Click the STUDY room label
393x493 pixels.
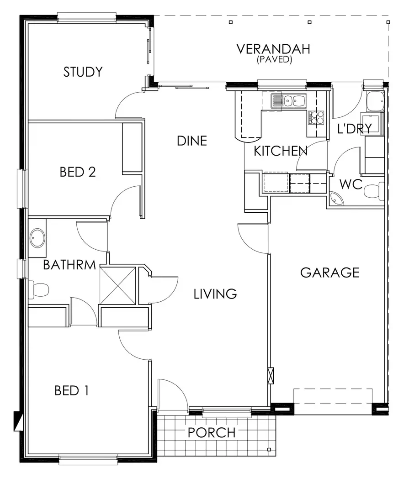click(83, 72)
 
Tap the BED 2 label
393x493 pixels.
click(78, 172)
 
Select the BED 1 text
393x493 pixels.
click(71, 391)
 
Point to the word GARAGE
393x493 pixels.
click(329, 273)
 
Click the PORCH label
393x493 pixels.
click(212, 432)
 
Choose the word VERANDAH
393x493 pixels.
click(273, 49)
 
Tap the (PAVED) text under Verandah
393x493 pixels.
click(274, 59)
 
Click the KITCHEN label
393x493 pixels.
click(280, 151)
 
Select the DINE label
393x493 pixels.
click(192, 141)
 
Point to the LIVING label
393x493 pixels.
click(215, 294)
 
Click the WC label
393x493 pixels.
click(351, 185)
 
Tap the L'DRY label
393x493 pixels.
click(354, 129)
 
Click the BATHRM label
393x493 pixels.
click(69, 265)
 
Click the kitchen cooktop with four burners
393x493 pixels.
click(316, 118)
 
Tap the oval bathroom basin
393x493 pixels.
click(37, 238)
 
